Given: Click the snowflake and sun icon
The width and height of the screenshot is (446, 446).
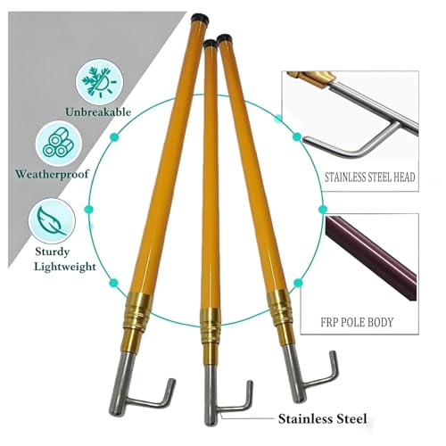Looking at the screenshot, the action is click(99, 82).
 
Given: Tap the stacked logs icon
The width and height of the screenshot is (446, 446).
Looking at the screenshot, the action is click(59, 145).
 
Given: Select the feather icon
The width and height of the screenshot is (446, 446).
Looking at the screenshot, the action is click(52, 220).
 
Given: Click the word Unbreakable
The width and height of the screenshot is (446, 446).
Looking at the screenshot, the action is click(98, 112).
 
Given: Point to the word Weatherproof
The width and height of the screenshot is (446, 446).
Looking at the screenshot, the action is click(53, 174).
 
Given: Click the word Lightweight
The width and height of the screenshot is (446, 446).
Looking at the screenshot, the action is click(65, 267).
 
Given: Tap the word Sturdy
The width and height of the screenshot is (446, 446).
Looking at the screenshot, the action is click(53, 252).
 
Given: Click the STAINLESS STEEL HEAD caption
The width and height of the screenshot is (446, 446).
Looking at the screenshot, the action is click(369, 178).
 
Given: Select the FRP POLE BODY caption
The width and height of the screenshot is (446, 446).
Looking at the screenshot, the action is click(357, 322).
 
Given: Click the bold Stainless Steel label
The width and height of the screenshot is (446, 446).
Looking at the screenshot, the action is click(322, 419).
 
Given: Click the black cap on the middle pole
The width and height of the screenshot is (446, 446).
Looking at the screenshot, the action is click(211, 44).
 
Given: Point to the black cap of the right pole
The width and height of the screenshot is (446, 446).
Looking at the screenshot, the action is click(224, 38).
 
